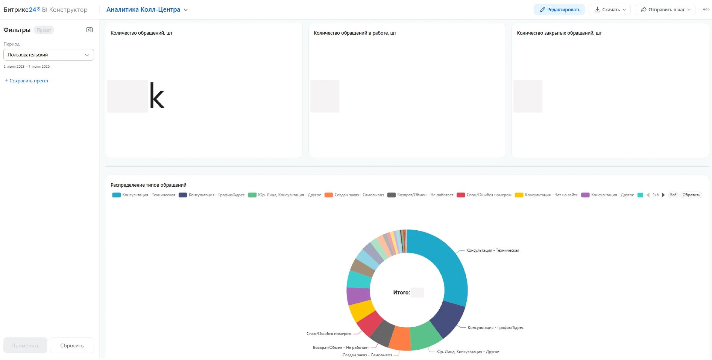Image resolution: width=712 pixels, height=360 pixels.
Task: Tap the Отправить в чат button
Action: pos(665,10)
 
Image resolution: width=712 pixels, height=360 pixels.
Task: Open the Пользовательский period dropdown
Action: pos(49,55)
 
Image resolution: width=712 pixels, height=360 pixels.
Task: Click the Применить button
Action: pos(25,345)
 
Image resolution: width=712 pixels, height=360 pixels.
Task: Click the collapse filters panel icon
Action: pos(89,30)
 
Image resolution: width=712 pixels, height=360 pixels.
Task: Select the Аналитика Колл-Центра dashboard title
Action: pos(143,10)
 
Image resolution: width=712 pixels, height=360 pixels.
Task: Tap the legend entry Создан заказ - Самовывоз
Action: pos(354,195)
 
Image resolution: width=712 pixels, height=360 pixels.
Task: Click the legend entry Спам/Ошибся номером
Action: pos(484,195)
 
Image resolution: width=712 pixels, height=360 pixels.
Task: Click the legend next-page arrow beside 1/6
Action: pos(663,195)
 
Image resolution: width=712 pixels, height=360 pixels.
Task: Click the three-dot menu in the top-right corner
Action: pos(706,9)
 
